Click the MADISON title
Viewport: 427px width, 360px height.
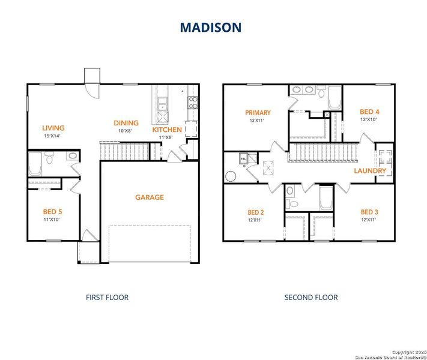tap(211, 28)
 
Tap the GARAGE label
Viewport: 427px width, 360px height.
tap(149, 197)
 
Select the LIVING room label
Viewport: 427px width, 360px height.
tap(53, 128)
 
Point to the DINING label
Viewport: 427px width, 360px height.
tap(126, 123)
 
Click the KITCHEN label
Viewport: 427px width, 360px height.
tap(167, 130)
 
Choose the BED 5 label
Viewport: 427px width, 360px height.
tap(52, 212)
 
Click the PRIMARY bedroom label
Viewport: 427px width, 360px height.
tap(258, 113)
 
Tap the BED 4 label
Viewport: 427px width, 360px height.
tap(369, 112)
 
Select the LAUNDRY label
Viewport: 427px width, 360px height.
tap(370, 171)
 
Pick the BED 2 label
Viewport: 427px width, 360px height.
tap(256, 212)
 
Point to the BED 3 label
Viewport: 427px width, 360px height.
tap(369, 212)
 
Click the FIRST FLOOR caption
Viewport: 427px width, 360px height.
tap(108, 297)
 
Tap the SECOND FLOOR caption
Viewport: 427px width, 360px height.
tap(311, 297)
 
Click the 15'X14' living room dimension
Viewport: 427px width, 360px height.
tap(53, 136)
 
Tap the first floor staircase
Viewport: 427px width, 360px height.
tap(124, 151)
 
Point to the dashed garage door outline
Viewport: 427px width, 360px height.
tap(150, 243)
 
